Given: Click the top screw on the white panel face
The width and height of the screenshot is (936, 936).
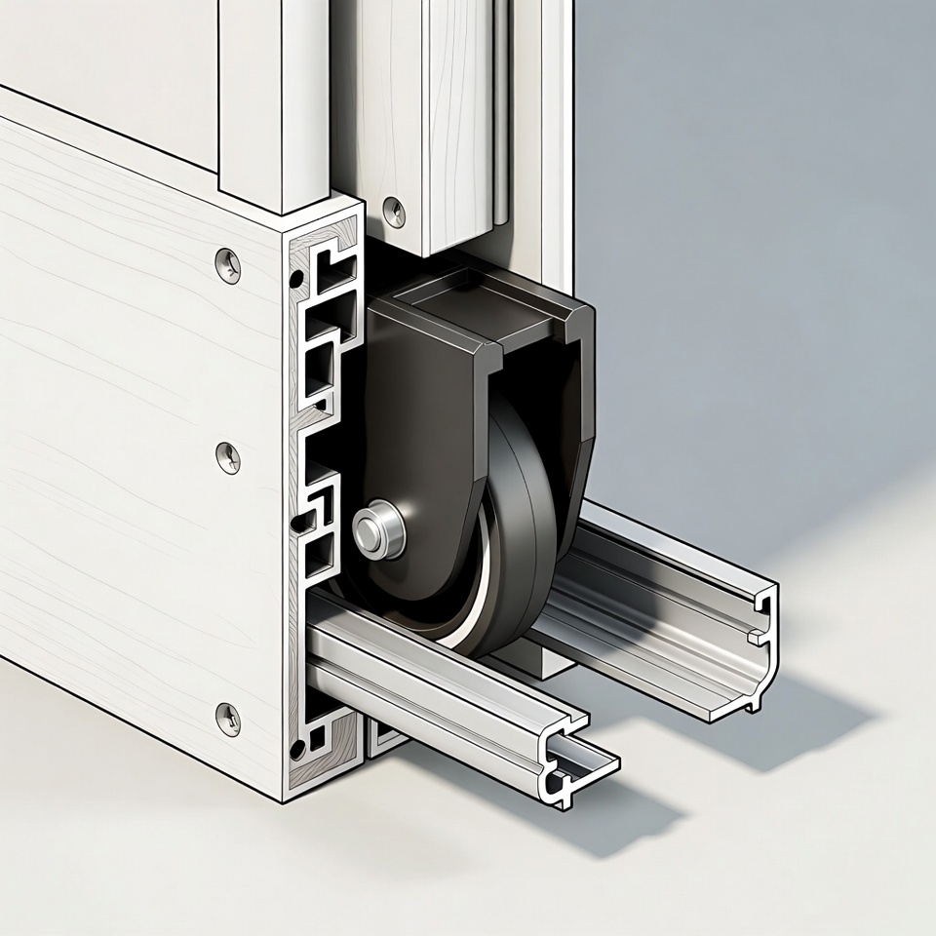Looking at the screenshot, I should (x=228, y=264).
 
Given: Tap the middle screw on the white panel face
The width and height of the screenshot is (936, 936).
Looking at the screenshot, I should (x=227, y=456).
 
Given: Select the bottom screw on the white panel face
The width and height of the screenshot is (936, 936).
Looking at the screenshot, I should (x=227, y=719).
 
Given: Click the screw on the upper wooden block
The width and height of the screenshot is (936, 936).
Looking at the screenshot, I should (x=394, y=212).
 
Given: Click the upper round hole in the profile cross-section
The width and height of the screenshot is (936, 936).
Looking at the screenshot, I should (x=296, y=282).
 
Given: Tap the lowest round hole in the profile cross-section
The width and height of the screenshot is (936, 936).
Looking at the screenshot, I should (x=297, y=748).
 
